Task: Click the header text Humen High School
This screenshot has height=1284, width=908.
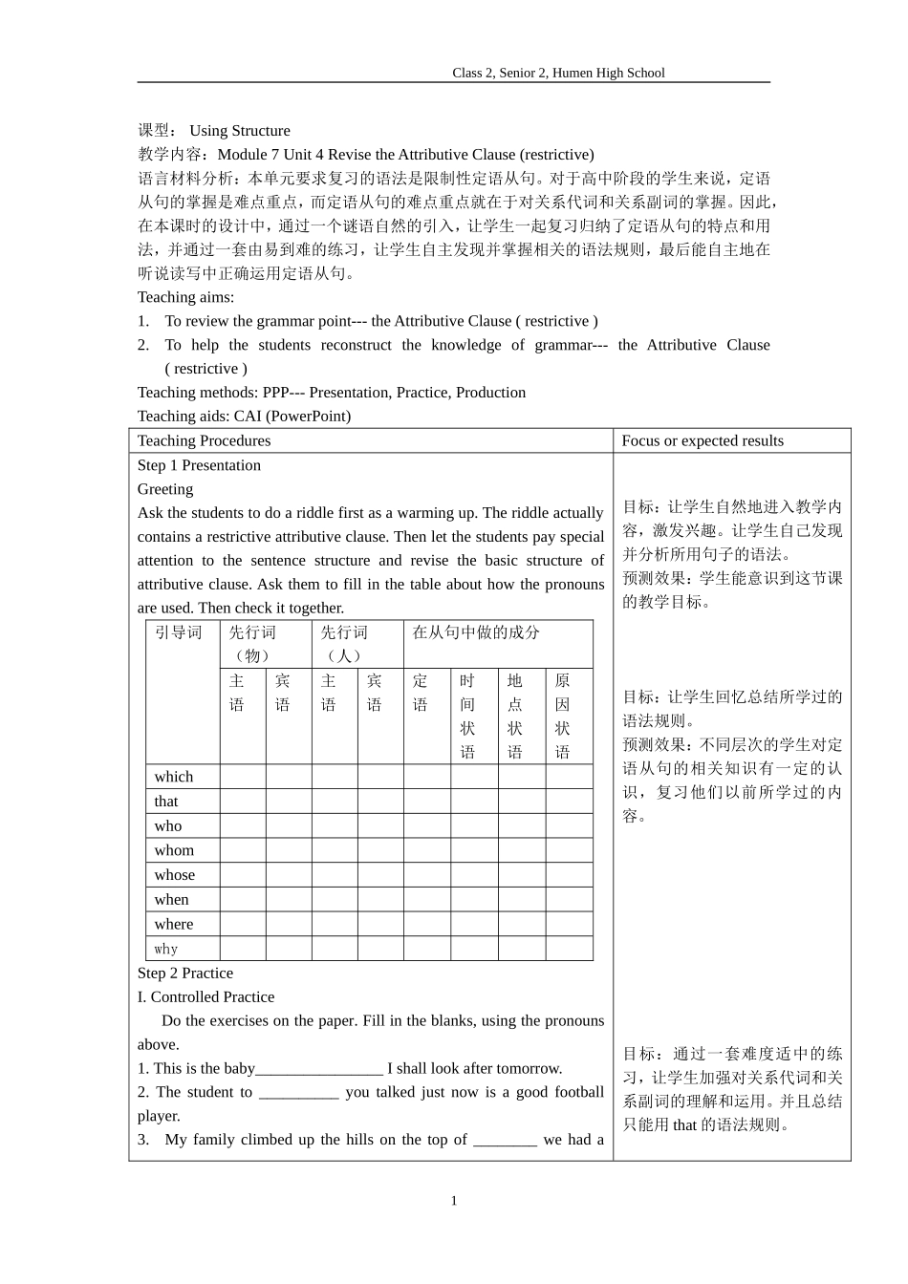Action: pos(609,73)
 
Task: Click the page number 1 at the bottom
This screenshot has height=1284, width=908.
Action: pos(454,1201)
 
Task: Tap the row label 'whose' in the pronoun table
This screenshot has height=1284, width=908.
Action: pos(174,875)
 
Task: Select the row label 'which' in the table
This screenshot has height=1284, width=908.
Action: pos(173,777)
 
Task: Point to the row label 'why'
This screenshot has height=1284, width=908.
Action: pos(165,949)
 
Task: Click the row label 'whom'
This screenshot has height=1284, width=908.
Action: pos(174,850)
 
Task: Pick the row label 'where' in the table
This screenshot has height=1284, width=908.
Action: pos(173,924)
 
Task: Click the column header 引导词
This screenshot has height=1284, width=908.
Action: pos(179,632)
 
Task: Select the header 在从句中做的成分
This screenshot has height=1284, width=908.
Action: pos(475,632)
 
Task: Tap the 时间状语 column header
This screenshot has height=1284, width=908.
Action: pos(467,717)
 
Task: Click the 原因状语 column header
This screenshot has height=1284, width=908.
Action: pos(562,717)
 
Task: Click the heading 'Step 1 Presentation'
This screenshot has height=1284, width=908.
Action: pos(199,465)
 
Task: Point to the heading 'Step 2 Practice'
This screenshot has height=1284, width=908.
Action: pos(184,974)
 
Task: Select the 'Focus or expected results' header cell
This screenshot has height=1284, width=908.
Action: pos(702,440)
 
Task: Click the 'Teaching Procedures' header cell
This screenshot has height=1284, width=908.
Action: pos(204,440)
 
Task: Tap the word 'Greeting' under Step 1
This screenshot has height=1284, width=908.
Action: pos(164,489)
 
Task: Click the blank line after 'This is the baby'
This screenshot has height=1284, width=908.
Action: pos(319,1069)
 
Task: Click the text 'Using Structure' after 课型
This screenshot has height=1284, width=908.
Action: pos(239,131)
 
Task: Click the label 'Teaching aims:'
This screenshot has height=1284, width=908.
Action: pos(185,297)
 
